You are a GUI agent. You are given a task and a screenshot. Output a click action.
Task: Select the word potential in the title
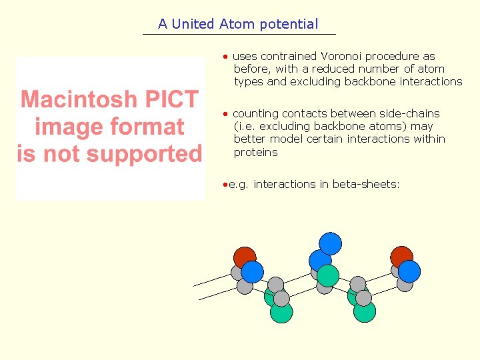(x=289, y=25)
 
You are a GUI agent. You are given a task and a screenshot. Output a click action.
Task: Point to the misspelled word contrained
(x=289, y=57)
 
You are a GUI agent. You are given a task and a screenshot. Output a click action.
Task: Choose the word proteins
(x=255, y=152)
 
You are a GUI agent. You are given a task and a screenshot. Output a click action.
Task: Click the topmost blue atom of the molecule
(x=329, y=243)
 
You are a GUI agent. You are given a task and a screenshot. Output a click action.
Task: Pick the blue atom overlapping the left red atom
(x=253, y=271)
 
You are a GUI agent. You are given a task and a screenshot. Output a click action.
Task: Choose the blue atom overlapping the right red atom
(x=409, y=271)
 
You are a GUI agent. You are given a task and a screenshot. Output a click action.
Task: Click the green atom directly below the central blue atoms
(x=328, y=275)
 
